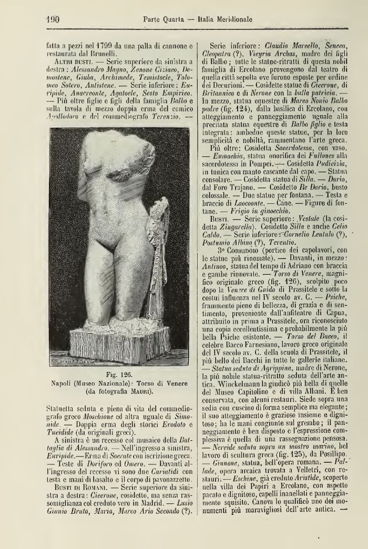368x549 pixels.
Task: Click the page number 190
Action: coord(50,20)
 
